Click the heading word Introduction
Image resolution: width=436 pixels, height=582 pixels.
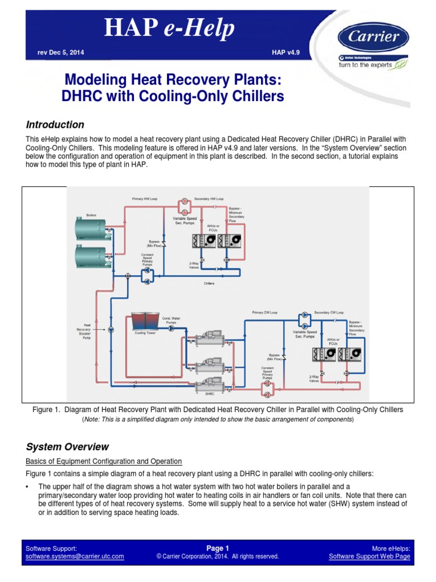pyautogui.click(x=55, y=124)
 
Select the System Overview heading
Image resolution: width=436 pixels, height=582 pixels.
pyautogui.click(x=67, y=447)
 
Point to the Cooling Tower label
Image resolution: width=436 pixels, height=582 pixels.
pyautogui.click(x=145, y=333)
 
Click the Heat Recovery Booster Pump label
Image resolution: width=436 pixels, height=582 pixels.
pyautogui.click(x=83, y=331)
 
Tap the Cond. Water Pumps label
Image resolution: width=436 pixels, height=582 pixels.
pyautogui.click(x=171, y=320)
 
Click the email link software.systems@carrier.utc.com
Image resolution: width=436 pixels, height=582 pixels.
pyautogui.click(x=75, y=556)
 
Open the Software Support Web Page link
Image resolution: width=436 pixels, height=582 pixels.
pyautogui.click(x=370, y=556)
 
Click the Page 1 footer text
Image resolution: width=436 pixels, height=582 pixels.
pyautogui.click(x=217, y=548)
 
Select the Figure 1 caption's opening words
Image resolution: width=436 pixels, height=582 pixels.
pyautogui.click(x=47, y=409)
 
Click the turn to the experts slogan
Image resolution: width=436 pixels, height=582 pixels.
pyautogui.click(x=369, y=65)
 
